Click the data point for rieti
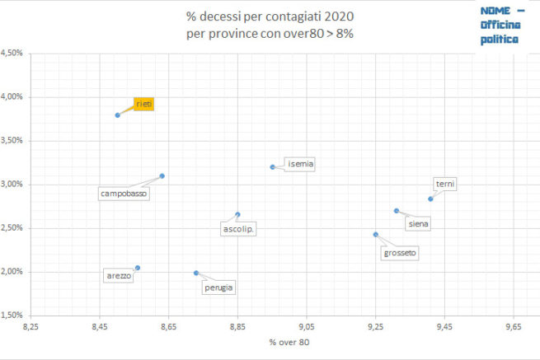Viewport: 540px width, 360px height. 118,115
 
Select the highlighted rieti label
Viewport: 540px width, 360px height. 143,104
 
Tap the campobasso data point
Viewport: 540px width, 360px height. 162,175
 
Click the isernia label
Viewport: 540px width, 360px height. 299,163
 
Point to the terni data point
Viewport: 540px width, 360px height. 430,199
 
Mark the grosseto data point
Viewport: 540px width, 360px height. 375,235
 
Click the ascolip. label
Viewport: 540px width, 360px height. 239,229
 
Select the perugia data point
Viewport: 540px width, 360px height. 196,273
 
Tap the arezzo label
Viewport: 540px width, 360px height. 118,276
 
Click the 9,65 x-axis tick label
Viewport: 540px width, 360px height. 514,327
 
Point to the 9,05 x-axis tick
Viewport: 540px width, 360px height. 307,327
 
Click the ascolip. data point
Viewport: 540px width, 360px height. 237,215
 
